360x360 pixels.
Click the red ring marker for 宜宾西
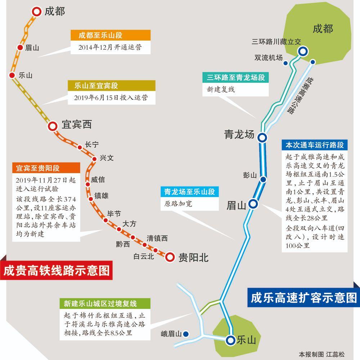click(x=53, y=126)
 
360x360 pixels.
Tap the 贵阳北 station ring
click(x=170, y=257)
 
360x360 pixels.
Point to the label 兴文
click(x=107, y=158)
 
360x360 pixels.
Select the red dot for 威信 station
click(x=87, y=184)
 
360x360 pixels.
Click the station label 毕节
click(x=114, y=214)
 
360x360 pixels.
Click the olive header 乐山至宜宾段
click(x=112, y=86)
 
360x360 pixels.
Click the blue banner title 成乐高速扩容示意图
click(x=303, y=298)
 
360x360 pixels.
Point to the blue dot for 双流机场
click(x=285, y=63)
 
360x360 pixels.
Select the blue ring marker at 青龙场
click(x=262, y=137)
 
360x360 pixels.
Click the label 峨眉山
click(x=171, y=334)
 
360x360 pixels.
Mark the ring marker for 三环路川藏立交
click(x=302, y=52)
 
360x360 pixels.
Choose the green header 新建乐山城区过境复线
click(x=100, y=303)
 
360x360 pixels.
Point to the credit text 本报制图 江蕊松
click(x=321, y=354)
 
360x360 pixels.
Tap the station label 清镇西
click(x=157, y=238)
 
